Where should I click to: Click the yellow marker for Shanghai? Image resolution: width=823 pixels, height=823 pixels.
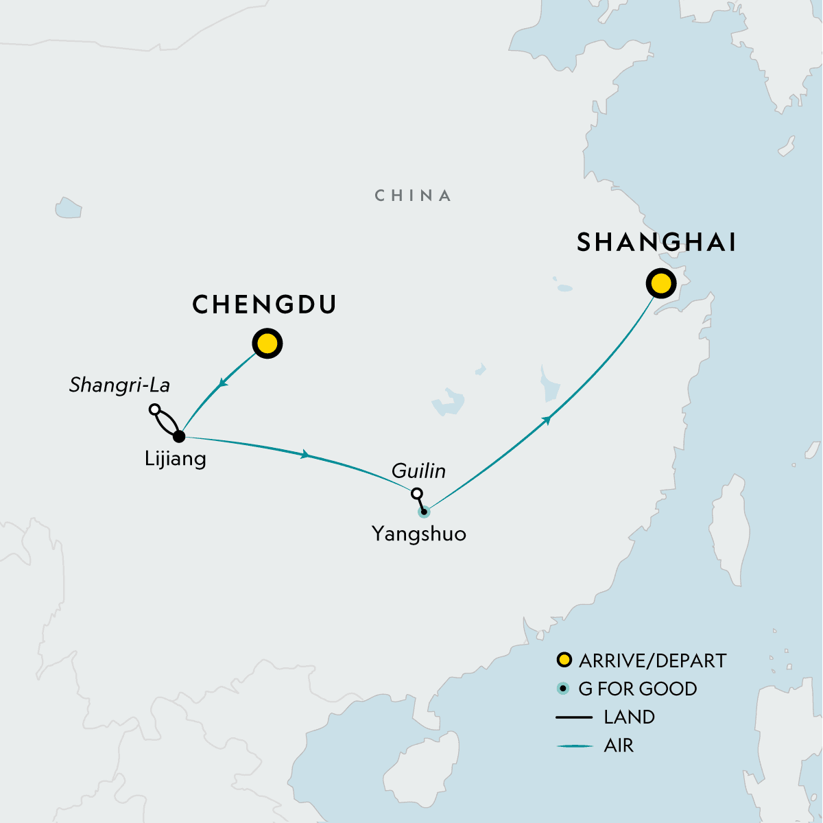coord(660,283)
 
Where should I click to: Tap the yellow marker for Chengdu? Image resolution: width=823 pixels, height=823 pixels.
coord(267,344)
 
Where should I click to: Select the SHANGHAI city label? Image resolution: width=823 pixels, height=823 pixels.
coord(656,243)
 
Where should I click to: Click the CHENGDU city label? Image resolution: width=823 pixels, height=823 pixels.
coord(264,305)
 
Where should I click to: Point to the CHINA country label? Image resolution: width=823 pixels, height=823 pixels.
coord(413,196)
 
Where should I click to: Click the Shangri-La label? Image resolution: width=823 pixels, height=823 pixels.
coord(119,385)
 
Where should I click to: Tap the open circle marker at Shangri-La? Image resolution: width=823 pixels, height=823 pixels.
coord(155,409)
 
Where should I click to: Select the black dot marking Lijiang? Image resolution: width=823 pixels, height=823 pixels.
coord(179,436)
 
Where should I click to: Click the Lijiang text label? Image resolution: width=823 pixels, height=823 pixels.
coord(175,458)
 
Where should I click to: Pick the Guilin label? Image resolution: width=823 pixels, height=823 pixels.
coord(418,471)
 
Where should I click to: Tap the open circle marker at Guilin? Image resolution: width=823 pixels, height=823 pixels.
coord(416,493)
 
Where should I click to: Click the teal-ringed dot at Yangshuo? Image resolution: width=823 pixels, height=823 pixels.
coord(424,511)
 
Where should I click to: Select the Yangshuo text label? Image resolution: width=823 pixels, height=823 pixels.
coord(418,534)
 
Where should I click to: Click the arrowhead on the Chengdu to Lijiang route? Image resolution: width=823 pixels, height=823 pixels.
coord(221,385)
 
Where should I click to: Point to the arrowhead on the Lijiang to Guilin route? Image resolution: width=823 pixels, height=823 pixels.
coord(305,454)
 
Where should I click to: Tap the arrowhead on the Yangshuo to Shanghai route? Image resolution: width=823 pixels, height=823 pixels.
coord(547,419)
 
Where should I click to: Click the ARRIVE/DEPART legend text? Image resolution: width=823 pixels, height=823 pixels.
coord(652,660)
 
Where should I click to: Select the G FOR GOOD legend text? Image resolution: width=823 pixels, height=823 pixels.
coord(637,689)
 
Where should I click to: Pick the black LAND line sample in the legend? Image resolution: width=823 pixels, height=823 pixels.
coord(574,717)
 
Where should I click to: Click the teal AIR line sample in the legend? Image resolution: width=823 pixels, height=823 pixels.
coord(574,746)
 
